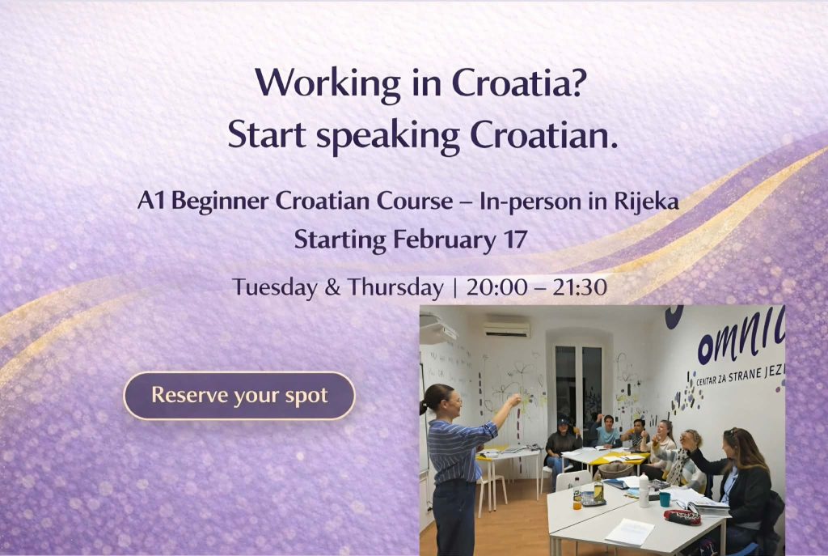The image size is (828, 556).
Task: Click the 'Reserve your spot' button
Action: tap(239, 396)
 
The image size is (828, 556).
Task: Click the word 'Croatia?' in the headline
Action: tap(519, 83)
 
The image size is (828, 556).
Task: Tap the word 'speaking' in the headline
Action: tap(387, 136)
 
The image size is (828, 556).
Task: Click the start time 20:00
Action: tap(496, 287)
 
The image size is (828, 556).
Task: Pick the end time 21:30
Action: tap(580, 287)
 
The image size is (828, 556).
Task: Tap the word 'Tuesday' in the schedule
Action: tap(275, 288)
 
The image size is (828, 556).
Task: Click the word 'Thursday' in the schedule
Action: tap(395, 288)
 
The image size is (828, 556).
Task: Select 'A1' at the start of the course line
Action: tap(150, 201)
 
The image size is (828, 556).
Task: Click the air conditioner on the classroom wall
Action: tap(506, 329)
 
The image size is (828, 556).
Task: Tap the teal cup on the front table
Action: tap(665, 499)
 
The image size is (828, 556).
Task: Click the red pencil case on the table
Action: tap(682, 517)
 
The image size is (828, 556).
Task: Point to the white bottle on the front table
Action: tap(644, 491)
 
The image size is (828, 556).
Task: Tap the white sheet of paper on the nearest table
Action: tap(630, 532)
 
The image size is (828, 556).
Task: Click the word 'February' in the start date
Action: tap(444, 240)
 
